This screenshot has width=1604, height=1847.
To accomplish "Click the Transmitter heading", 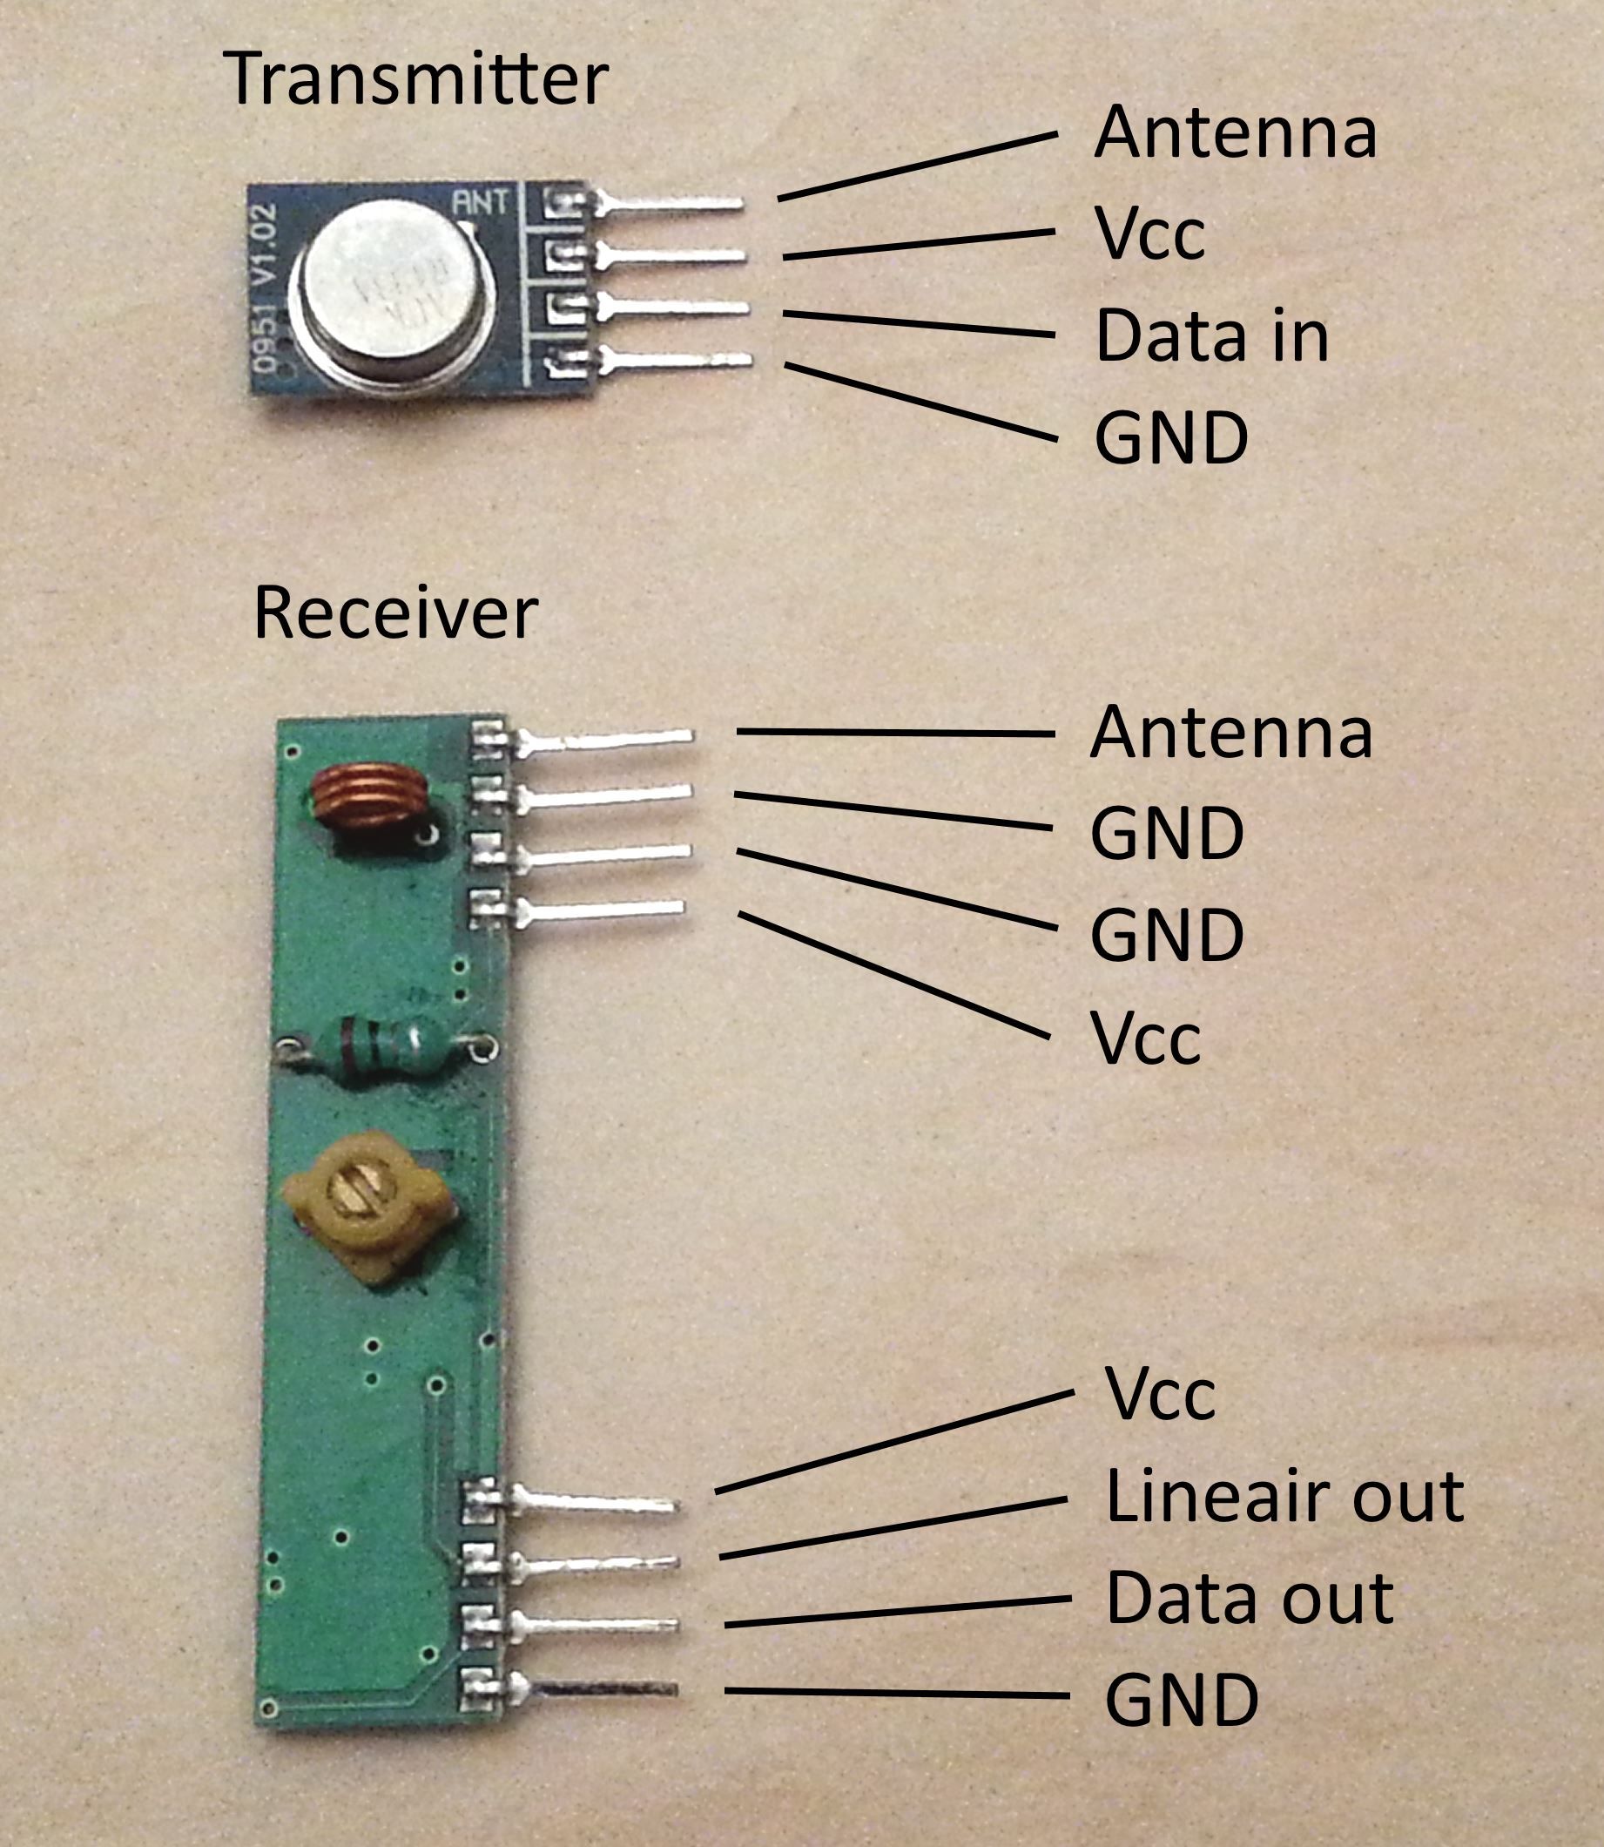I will pos(415,78).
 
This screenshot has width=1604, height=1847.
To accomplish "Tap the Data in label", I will pos(1212,335).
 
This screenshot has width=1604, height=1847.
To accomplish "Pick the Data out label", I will pos(1250,1598).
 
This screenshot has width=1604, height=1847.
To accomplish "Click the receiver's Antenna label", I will pos(1230,733).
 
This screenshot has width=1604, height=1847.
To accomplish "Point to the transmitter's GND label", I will pos(1170,439).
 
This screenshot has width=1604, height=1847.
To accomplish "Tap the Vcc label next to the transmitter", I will pos(1149,234).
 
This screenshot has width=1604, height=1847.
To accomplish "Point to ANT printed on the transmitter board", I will pos(480,203).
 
